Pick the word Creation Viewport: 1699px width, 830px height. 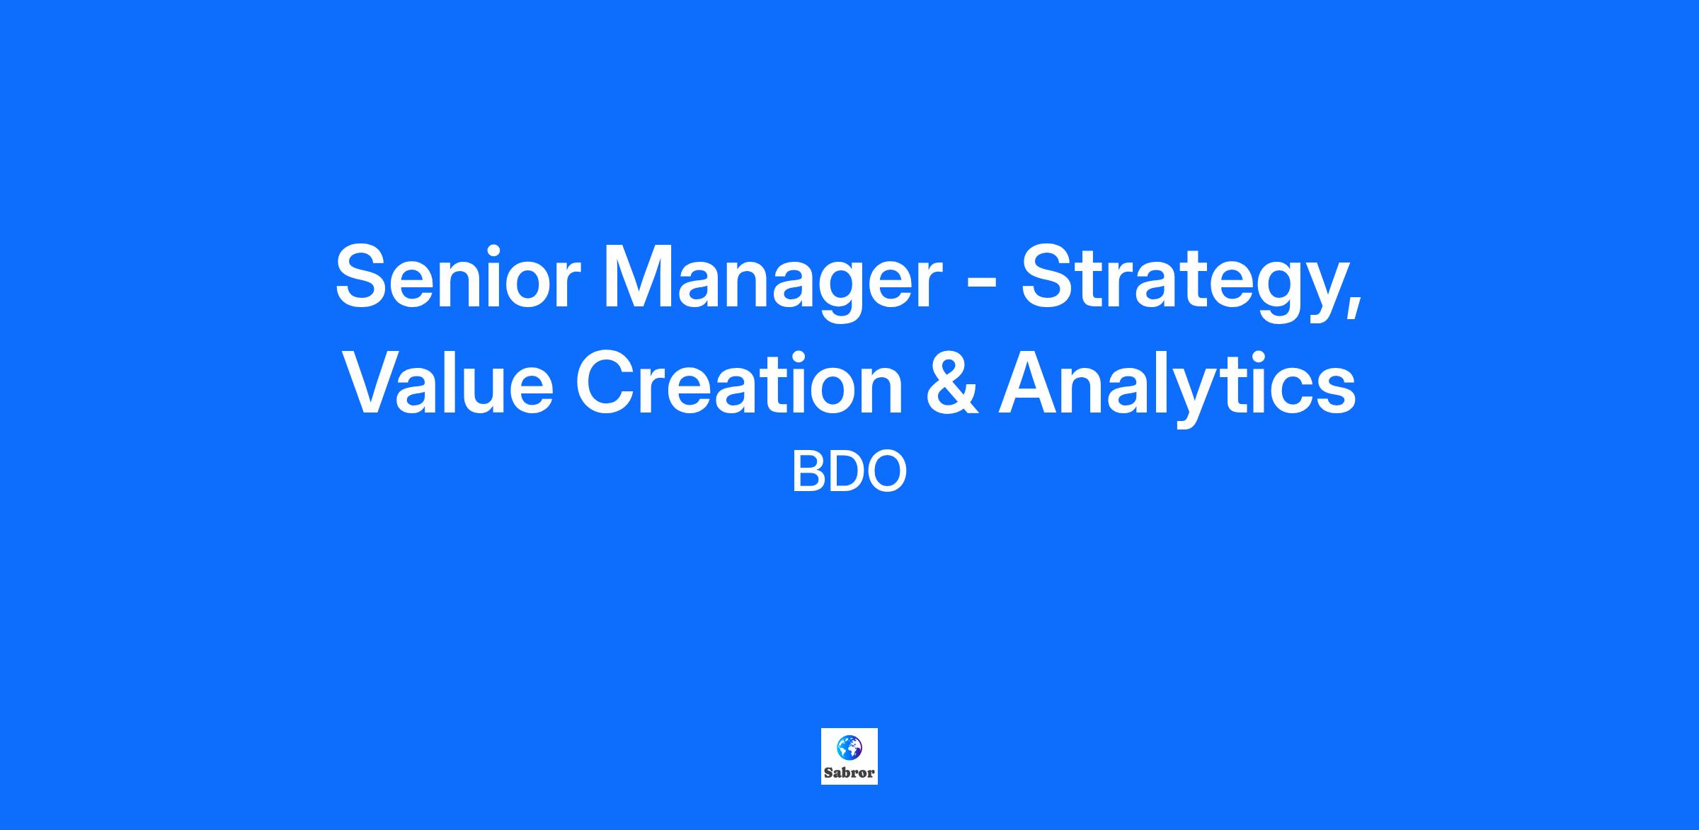739,382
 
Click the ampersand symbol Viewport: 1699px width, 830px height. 952,382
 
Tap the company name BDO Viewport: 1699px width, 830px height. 849,472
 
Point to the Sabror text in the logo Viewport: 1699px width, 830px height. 849,773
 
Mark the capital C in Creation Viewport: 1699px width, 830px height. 607,381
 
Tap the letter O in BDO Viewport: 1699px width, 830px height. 888,472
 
